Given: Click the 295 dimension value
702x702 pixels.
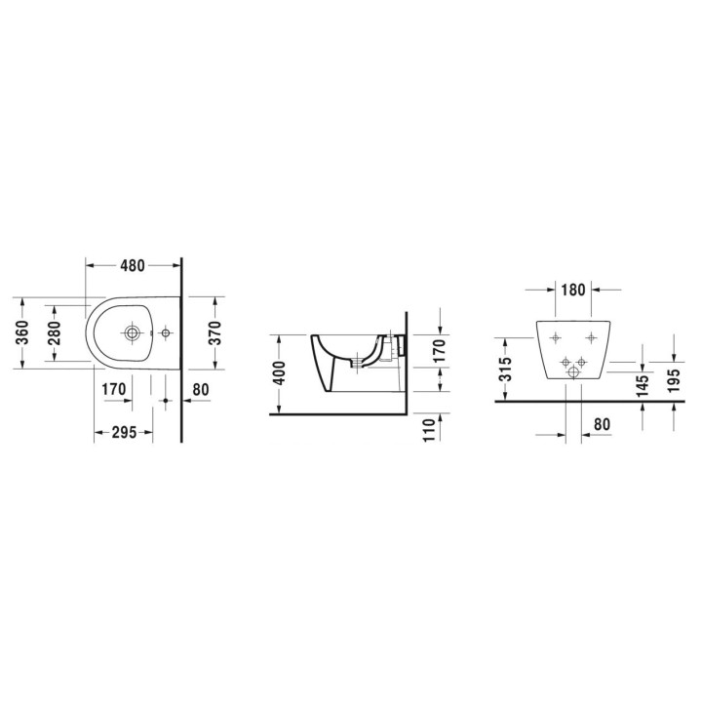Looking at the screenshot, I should pos(123,433).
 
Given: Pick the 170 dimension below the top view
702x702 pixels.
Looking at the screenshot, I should pos(115,390).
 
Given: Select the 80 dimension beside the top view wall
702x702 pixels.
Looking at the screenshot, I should pos(202,390).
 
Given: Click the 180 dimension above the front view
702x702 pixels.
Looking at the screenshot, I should pos(572,289).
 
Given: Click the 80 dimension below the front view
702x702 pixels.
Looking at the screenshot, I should pos(601,425).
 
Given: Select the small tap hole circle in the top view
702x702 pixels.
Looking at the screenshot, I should pos(165,333).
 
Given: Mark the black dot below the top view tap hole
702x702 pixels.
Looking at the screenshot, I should pos(165,400).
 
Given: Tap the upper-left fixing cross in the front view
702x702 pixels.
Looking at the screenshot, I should pos(555,338).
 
